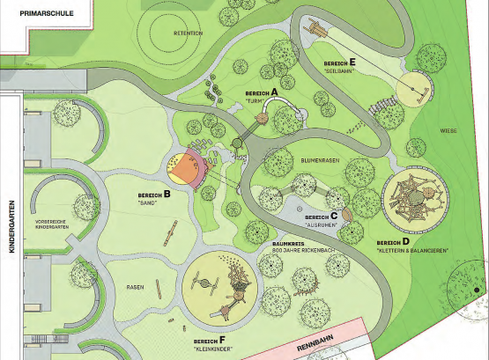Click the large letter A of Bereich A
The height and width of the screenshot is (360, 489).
click(x=275, y=91)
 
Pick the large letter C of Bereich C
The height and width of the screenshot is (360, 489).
click(x=334, y=215)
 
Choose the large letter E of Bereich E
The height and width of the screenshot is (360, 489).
click(x=352, y=62)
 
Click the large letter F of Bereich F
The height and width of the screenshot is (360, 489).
click(x=222, y=338)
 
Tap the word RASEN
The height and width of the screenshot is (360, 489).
click(x=135, y=288)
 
